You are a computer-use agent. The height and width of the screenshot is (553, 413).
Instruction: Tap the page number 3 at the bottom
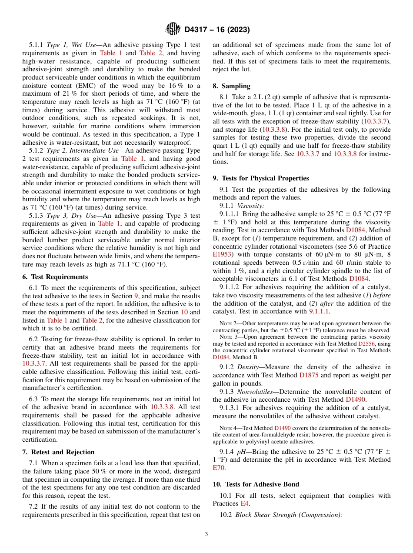[x=206, y=534]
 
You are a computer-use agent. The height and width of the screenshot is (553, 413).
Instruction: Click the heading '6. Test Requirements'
[x=55, y=277]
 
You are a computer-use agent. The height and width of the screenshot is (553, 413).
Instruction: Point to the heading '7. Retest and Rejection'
[x=58, y=452]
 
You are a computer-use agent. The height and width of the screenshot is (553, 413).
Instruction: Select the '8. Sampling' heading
[x=231, y=86]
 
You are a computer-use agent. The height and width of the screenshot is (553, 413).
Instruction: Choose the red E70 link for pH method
[x=220, y=468]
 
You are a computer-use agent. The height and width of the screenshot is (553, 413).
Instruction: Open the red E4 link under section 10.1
[x=245, y=503]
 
